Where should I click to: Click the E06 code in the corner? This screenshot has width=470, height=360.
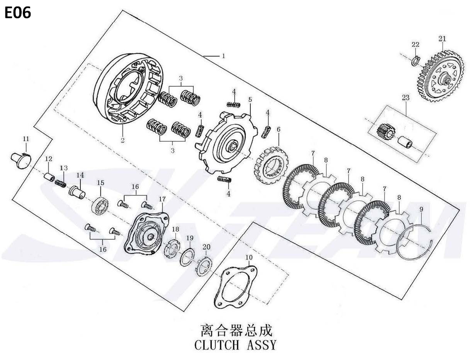(x=18, y=13)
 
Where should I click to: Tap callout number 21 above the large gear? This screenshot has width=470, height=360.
(x=442, y=39)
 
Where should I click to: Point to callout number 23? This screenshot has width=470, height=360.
(x=405, y=98)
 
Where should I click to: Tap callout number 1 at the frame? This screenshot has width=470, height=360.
(x=223, y=56)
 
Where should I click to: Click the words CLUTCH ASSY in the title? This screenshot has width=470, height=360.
(x=235, y=344)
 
